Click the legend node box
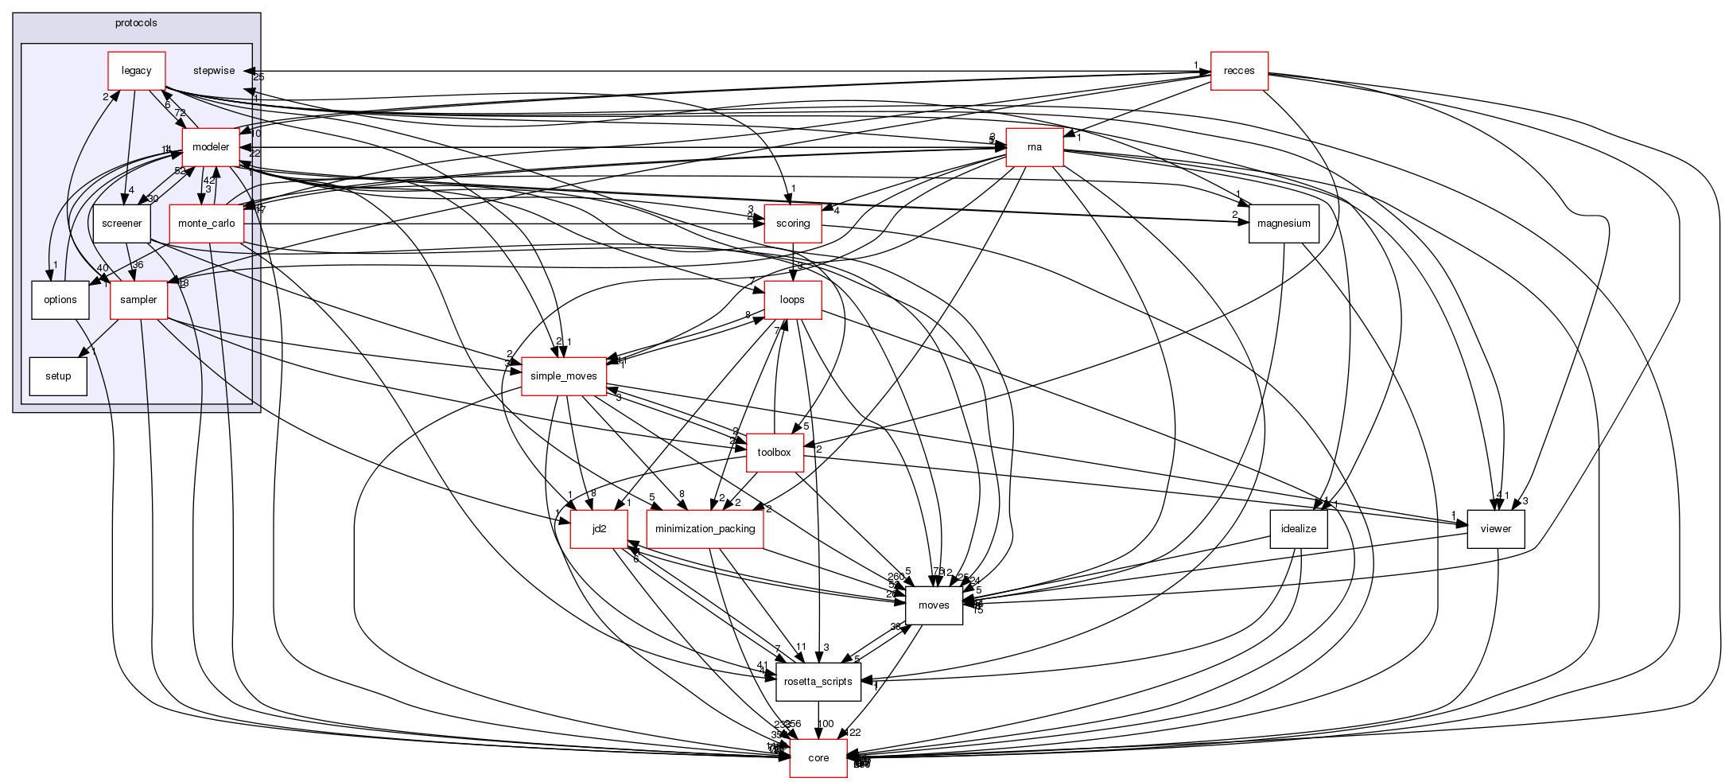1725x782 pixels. [136, 71]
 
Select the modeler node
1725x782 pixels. [211, 147]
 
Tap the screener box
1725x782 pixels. [122, 224]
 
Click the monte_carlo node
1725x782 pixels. [206, 224]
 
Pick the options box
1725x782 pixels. [60, 300]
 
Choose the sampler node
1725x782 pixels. [138, 300]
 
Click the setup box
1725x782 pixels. [58, 376]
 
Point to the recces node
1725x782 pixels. [1239, 71]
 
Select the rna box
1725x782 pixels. [1035, 147]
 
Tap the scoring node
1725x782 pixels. [793, 224]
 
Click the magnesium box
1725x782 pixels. [1284, 224]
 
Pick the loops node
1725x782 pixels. [792, 300]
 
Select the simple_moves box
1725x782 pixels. [564, 376]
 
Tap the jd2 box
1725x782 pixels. [600, 529]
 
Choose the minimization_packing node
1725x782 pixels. [705, 529]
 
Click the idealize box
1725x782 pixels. [1299, 529]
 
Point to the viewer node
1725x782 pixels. [1496, 529]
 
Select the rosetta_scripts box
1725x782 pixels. [818, 682]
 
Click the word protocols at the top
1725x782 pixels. [136, 23]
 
